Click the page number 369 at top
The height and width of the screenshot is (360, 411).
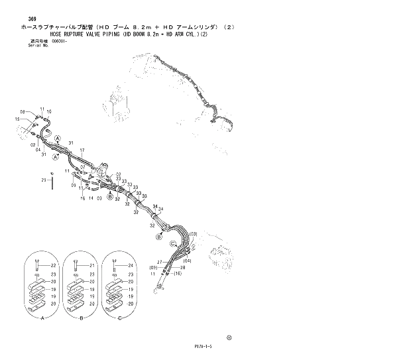[x=25, y=19]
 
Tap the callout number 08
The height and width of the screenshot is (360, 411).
[x=23, y=111]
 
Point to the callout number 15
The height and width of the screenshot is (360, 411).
[x=18, y=119]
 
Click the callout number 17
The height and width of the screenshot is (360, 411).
[x=83, y=151]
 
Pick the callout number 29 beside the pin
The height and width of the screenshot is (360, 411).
[x=43, y=180]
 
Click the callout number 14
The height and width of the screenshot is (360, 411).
[x=91, y=198]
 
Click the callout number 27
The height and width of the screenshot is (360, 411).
[x=160, y=263]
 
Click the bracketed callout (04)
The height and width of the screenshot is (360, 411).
[x=187, y=261]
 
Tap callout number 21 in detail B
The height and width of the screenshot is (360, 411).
[x=92, y=266]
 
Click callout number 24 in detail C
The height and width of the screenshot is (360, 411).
[x=131, y=266]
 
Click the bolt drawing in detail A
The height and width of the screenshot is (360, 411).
[x=38, y=268]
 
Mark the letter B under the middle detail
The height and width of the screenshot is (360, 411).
[x=81, y=318]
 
